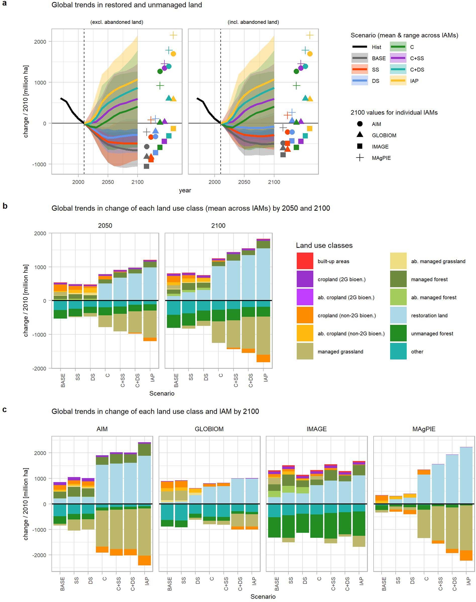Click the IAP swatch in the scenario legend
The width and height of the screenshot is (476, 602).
[398, 81]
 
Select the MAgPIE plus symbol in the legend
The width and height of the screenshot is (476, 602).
[360, 158]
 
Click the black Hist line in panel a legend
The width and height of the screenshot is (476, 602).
[360, 47]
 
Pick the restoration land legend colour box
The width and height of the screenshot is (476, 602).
[398, 315]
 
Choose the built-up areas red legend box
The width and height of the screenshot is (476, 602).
[305, 261]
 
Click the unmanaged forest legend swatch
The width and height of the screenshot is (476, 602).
[398, 333]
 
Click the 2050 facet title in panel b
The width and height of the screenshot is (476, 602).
[105, 225]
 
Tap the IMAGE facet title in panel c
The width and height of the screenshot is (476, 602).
[316, 429]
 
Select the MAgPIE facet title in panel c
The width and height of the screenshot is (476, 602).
[424, 429]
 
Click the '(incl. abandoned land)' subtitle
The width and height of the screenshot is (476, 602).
[253, 22]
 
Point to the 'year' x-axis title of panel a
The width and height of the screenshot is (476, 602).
[185, 190]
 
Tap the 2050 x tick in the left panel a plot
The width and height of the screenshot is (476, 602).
[108, 182]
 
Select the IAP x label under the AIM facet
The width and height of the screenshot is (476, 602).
[147, 581]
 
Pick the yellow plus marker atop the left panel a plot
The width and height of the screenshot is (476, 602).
[173, 35]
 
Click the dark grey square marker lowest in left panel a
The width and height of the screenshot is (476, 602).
[146, 166]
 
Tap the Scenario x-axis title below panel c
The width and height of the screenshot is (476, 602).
[263, 596]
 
